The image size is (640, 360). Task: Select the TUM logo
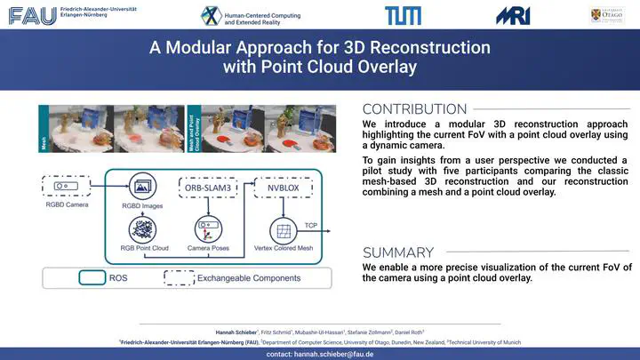[397, 15]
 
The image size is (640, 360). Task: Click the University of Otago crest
[602, 14]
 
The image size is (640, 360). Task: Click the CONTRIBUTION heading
[414, 109]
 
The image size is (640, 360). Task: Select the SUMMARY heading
[398, 252]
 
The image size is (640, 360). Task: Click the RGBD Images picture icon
[140, 188]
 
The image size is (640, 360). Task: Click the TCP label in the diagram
[311, 226]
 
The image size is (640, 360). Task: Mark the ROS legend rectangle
[92, 277]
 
